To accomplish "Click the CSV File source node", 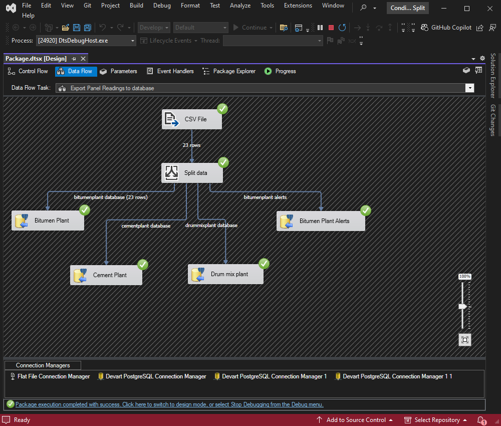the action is click(192, 119).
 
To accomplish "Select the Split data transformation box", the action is click(192, 173).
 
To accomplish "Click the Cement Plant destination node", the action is click(106, 275).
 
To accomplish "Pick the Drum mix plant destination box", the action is click(225, 274).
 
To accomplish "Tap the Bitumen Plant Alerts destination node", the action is click(321, 221).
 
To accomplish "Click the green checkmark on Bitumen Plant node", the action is click(84, 210).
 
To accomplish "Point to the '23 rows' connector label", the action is click(192, 145).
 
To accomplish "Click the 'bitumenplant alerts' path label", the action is click(265, 197).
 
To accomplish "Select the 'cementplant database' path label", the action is click(146, 226).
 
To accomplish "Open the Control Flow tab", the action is click(28, 71).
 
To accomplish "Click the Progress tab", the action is click(280, 71).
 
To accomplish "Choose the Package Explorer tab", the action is click(229, 71).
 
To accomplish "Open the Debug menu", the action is click(162, 6).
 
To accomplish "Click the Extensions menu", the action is click(298, 6).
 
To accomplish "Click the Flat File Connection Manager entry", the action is click(50, 376).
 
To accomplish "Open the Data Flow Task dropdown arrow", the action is click(470, 88).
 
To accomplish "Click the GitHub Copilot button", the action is click(446, 28).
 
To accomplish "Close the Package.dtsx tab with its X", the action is click(83, 59).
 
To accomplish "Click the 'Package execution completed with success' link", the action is click(169, 404).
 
